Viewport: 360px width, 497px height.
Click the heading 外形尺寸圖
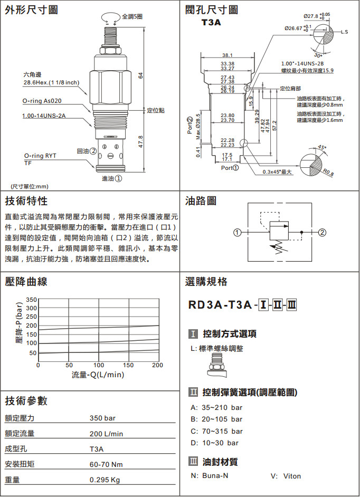(32, 10)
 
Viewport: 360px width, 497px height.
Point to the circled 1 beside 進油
(119, 178)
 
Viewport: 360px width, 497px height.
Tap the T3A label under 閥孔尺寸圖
(211, 23)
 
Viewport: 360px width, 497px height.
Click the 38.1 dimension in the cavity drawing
(228, 55)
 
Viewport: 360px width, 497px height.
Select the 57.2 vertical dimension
(274, 127)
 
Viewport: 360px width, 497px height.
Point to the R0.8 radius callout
(328, 171)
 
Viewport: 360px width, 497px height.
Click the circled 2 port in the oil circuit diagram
(321, 232)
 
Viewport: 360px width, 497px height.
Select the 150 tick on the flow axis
(128, 365)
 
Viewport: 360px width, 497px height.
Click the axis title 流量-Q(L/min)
(98, 375)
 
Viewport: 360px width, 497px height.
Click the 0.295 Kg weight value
(105, 480)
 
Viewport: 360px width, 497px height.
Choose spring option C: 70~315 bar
(216, 431)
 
